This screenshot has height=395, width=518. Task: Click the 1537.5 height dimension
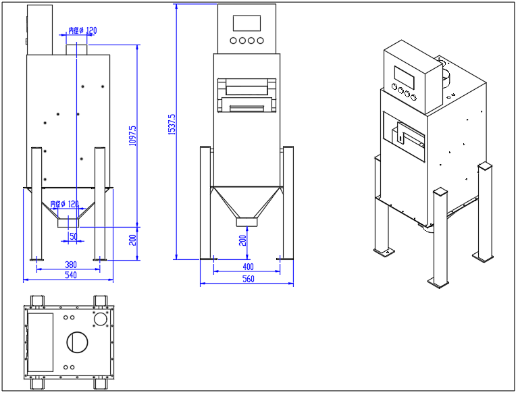[172, 124]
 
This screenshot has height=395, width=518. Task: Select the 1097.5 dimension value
[133, 135]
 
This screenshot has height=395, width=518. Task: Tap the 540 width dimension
[70, 275]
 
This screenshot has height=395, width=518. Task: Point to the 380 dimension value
[70, 265]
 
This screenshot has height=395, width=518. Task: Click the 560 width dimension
[248, 280]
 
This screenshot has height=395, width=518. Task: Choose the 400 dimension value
[248, 267]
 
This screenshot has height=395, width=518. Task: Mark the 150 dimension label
[72, 236]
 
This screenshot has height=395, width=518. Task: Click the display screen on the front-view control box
[247, 23]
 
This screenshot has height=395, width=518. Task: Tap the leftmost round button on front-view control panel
[234, 41]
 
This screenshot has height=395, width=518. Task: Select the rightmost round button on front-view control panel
[260, 41]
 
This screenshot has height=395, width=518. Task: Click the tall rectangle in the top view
[41, 342]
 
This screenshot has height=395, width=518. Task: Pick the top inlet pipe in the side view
[76, 49]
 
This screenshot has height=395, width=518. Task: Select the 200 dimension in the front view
[242, 240]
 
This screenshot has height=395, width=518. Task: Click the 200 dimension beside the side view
[133, 238]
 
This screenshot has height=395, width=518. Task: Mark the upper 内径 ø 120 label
[82, 30]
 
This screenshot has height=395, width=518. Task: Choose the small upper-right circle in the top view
[101, 317]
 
